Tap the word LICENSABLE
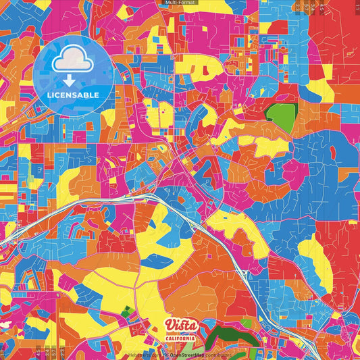pyautogui.click(x=73, y=94)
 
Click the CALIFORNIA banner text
pyautogui.click(x=181, y=338)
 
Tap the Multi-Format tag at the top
pyautogui.click(x=180, y=3)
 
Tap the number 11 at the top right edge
pyautogui.click(x=357, y=7)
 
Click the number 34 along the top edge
pyautogui.click(x=322, y=7)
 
